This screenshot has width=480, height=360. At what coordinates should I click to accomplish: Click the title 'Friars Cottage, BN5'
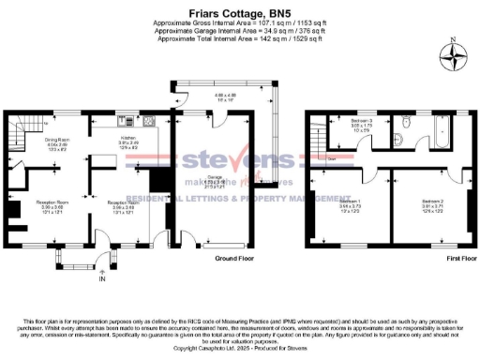click(x=241, y=8)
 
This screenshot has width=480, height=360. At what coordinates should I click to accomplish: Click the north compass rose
click(x=457, y=55)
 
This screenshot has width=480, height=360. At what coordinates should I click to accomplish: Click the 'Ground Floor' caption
click(x=235, y=257)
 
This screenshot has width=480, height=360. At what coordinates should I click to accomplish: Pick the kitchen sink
click(x=122, y=121)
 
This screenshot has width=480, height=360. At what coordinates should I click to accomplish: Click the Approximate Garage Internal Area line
click(x=240, y=30)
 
